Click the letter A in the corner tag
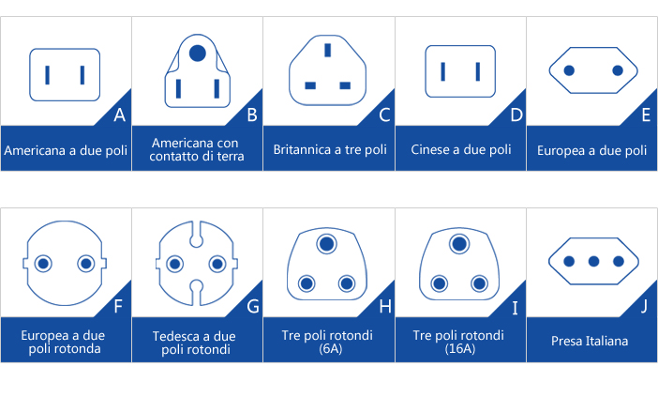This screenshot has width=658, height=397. click(118, 116)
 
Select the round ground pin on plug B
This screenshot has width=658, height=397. click(197, 53)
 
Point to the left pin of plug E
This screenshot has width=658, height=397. click(568, 70)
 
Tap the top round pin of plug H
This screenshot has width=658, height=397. click(327, 244)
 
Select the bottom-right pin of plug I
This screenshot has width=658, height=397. click(480, 282)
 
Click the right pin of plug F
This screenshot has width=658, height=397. click(86, 265)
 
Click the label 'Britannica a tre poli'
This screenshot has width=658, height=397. click(329, 150)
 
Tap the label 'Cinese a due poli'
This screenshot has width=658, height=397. click(460, 150)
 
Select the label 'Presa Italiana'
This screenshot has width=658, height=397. click(591, 341)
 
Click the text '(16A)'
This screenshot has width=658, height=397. click(459, 349)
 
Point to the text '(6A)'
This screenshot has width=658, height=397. click(328, 349)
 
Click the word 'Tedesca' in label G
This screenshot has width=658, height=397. click(175, 335)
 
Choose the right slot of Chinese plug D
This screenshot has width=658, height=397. click(478, 70)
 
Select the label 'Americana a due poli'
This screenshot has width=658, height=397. click(66, 150)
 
